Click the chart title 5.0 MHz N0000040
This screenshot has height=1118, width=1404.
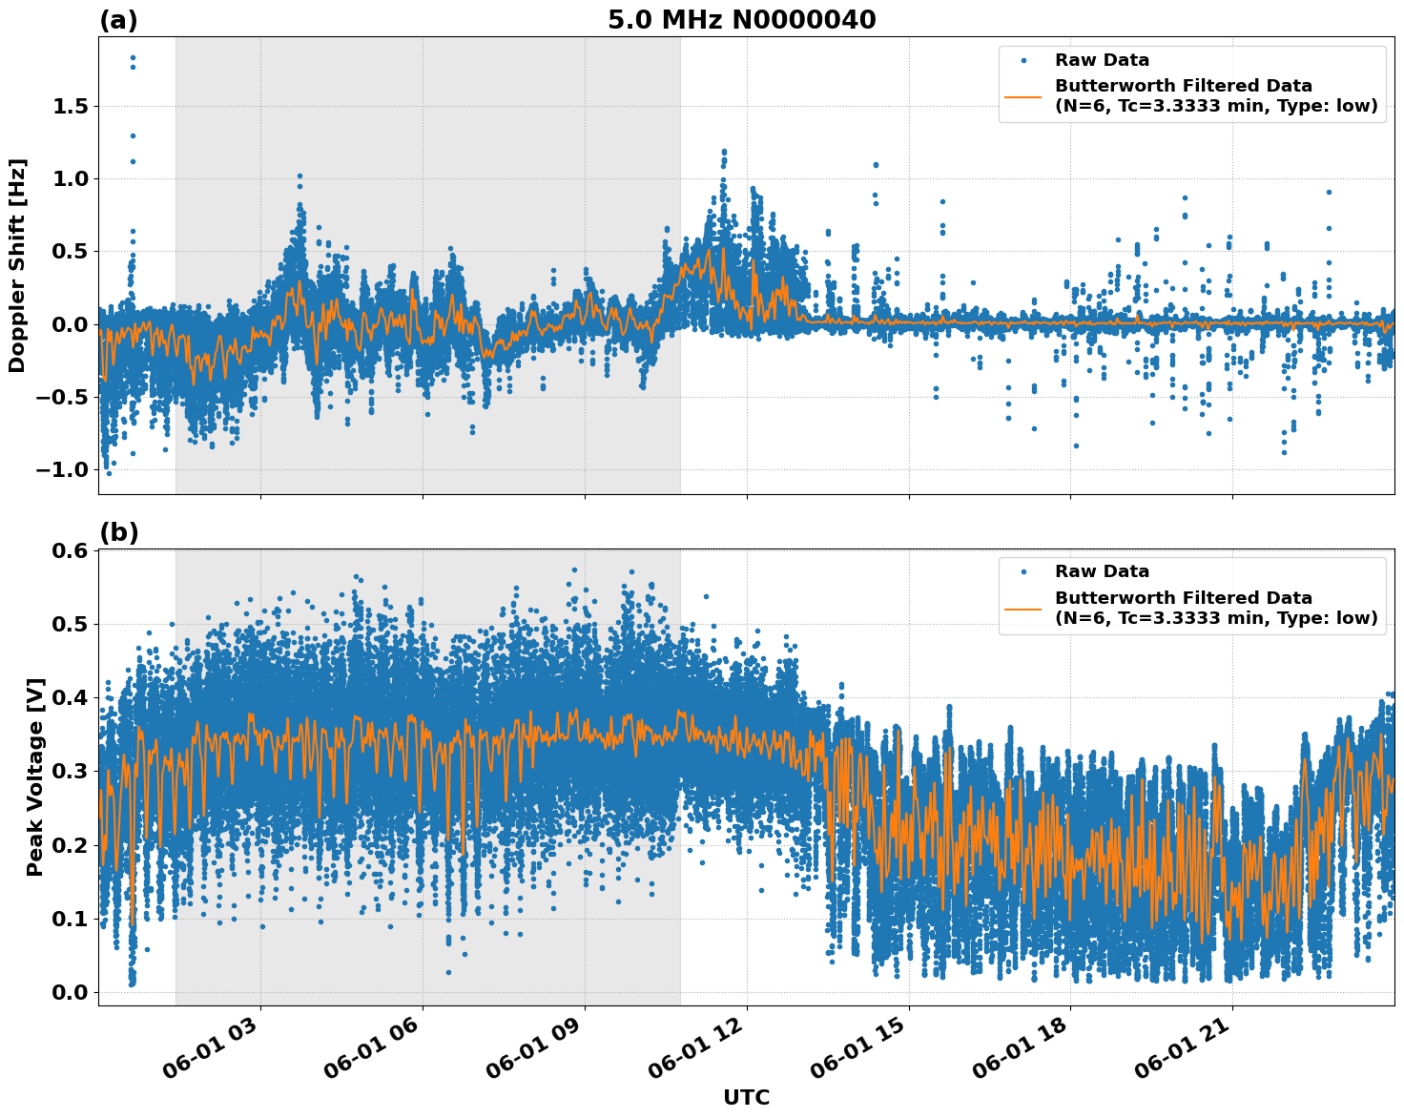741,19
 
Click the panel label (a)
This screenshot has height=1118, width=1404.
118,20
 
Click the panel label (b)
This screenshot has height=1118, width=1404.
118,532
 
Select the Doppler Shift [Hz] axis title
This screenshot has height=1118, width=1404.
17,265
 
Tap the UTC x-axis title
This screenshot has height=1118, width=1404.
746,1097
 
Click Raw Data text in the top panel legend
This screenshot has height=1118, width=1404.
1102,60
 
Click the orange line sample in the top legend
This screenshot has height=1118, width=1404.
1023,96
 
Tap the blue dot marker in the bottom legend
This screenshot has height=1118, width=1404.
1023,571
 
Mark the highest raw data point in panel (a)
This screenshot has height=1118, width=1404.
133,57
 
